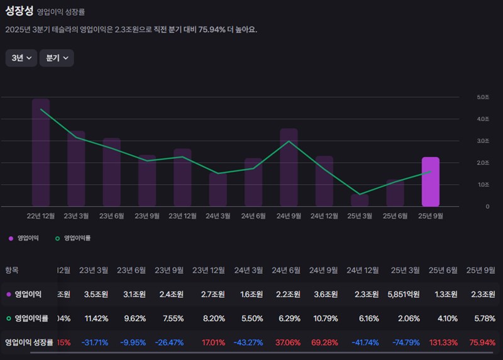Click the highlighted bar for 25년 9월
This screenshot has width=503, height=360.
coord(430,182)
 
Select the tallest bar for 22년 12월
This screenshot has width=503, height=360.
coord(41,153)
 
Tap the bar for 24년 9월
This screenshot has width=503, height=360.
coord(289,168)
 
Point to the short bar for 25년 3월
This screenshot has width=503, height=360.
coord(360,200)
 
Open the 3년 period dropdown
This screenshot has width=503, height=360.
coord(21,58)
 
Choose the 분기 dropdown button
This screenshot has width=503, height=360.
coord(57,58)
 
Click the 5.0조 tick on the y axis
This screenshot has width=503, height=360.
coord(483,97)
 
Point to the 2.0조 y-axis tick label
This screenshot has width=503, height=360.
coord(483,163)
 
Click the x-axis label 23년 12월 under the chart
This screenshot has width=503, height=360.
coord(182,215)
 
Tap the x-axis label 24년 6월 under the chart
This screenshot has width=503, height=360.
coord(253,215)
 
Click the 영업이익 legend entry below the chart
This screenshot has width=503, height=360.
coord(23,239)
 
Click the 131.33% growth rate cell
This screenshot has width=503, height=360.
coord(445,343)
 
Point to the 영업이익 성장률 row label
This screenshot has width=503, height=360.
coord(28,343)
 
